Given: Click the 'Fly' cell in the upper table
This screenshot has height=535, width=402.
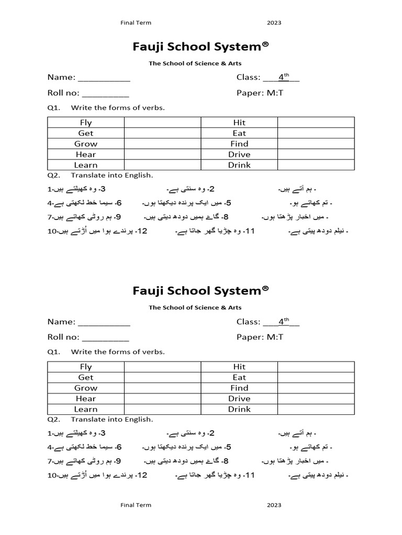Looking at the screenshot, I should (x=86, y=122).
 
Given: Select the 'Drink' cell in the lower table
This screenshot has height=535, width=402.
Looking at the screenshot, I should (x=239, y=409).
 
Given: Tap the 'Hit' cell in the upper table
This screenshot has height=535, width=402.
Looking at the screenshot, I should (x=239, y=122).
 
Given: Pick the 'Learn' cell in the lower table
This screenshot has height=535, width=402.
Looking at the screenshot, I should (x=86, y=409).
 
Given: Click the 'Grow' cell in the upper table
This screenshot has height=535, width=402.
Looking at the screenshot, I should (x=86, y=144).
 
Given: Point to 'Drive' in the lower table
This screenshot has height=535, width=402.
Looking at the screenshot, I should (x=239, y=399).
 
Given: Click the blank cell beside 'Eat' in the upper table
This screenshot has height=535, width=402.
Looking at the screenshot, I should (x=316, y=133).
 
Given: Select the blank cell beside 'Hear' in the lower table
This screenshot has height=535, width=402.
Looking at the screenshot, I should (x=162, y=399).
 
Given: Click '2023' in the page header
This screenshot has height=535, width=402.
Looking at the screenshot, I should (x=274, y=23).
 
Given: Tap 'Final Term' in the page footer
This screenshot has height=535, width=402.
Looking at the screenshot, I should (x=136, y=505).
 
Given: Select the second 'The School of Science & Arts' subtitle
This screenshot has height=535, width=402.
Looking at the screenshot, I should (x=195, y=308).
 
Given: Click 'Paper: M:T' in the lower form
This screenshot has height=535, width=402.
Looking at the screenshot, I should (x=260, y=338).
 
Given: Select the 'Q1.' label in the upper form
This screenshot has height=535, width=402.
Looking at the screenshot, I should (x=54, y=108).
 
